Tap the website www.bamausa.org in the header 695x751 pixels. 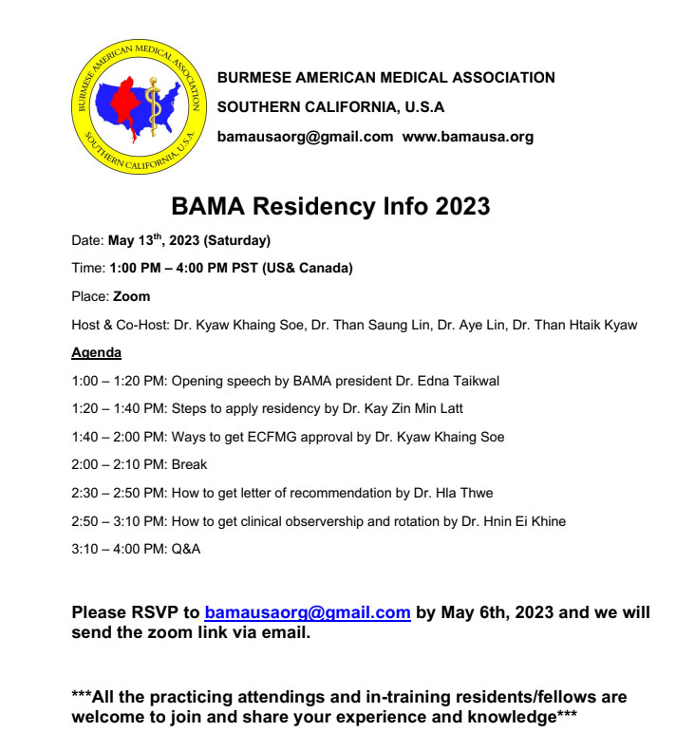467,137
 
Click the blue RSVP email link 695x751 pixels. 308,612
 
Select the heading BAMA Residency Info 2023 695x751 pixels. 330,206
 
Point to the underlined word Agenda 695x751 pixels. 96,353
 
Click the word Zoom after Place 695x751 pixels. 131,296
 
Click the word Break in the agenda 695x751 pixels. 189,465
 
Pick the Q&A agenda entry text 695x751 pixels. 186,549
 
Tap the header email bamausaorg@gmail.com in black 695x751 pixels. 305,137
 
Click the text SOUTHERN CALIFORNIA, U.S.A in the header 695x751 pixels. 330,107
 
